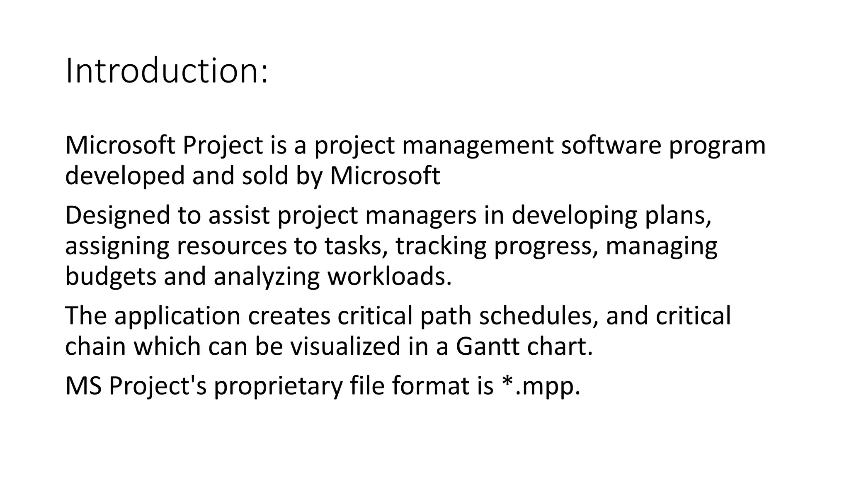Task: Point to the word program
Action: [x=717, y=146]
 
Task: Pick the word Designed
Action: [x=118, y=216]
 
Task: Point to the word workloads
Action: [x=389, y=276]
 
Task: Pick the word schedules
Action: [x=539, y=316]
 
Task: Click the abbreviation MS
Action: [x=83, y=386]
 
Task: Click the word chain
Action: [x=95, y=346]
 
